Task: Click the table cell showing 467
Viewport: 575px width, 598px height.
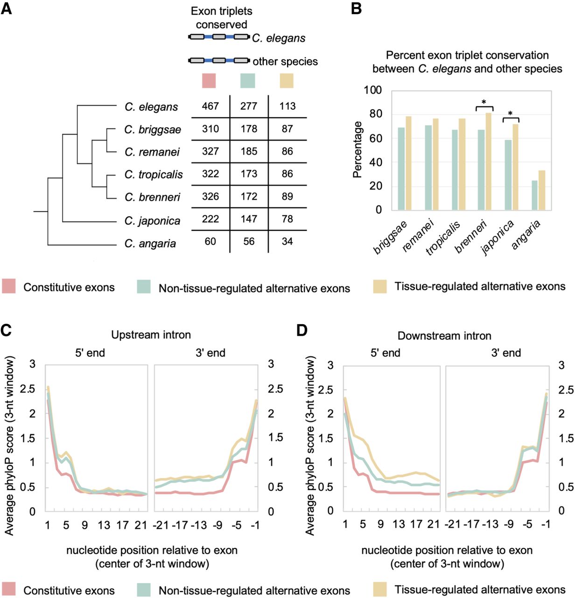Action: pyautogui.click(x=210, y=107)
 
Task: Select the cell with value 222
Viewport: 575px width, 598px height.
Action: pyautogui.click(x=210, y=219)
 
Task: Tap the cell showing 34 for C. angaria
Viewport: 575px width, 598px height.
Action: pyautogui.click(x=287, y=242)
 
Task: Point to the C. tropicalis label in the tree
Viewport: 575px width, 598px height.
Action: pyautogui.click(x=154, y=175)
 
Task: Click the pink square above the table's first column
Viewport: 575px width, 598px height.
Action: pyautogui.click(x=209, y=80)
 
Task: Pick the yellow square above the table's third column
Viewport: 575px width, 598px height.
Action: pyautogui.click(x=286, y=80)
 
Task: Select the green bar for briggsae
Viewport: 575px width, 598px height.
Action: pyautogui.click(x=401, y=169)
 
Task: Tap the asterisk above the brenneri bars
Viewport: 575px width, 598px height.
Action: pyautogui.click(x=484, y=102)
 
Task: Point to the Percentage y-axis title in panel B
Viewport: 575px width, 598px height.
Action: pyautogui.click(x=358, y=149)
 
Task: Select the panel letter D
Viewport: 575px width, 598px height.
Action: pyautogui.click(x=302, y=331)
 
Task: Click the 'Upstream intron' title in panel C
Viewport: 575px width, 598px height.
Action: pyautogui.click(x=151, y=335)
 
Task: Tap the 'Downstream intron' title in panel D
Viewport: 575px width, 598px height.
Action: pyautogui.click(x=444, y=335)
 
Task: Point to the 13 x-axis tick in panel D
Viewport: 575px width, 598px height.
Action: pyautogui.click(x=399, y=524)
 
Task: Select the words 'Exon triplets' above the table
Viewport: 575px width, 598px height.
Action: pyautogui.click(x=222, y=11)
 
